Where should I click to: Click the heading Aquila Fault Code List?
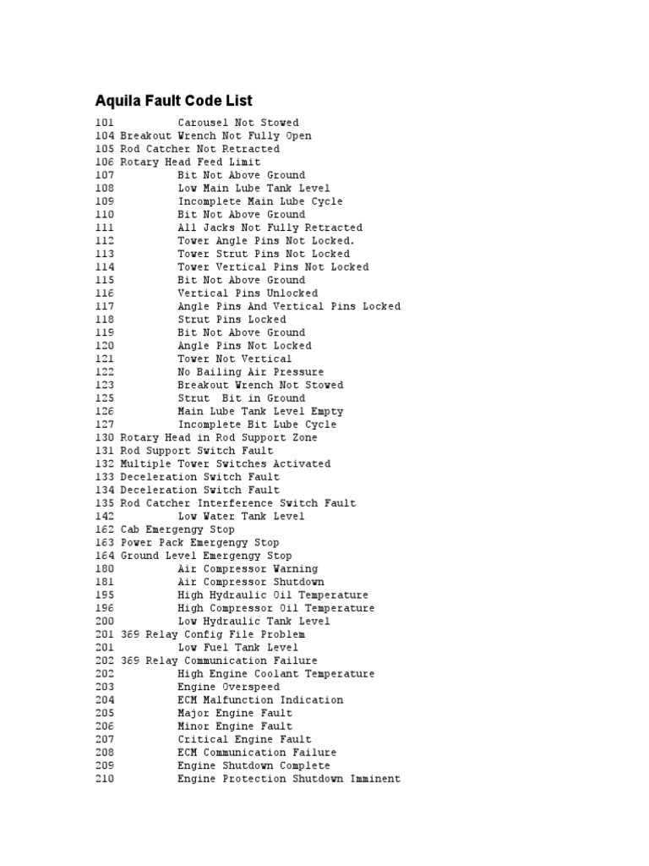click(x=173, y=101)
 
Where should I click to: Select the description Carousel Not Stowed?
click(x=237, y=123)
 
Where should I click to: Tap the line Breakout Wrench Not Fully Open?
click(x=215, y=136)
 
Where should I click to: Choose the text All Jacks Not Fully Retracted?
click(x=270, y=227)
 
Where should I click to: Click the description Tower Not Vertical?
click(x=234, y=359)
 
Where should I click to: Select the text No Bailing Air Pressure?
click(x=250, y=372)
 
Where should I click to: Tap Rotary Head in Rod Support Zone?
click(x=219, y=438)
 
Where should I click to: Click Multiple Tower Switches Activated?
click(x=225, y=464)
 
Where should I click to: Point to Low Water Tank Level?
click(x=241, y=517)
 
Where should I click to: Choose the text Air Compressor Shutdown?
click(x=250, y=582)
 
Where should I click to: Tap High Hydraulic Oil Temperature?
click(x=273, y=595)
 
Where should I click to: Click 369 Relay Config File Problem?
click(x=212, y=634)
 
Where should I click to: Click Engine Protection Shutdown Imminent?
click(x=288, y=779)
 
